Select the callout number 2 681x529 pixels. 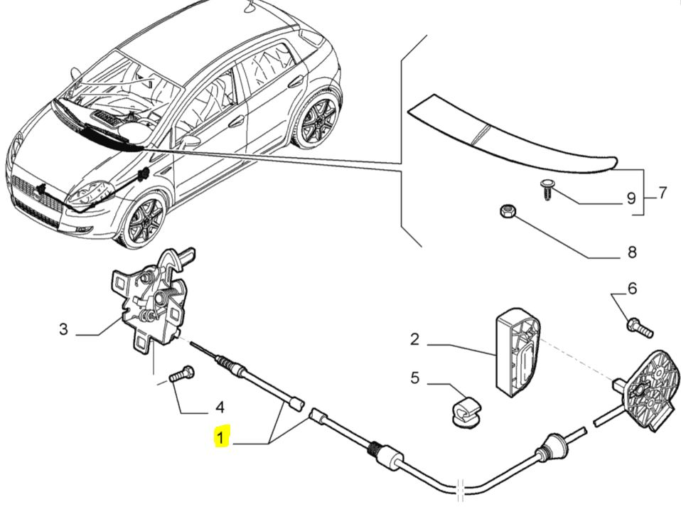[415, 339]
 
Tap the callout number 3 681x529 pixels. [63, 329]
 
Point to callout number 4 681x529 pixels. [220, 407]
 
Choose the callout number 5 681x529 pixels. [415, 378]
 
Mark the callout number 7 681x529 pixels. [662, 193]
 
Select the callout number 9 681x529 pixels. [630, 199]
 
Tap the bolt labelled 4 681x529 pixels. [181, 373]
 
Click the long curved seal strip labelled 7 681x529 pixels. [512, 135]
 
